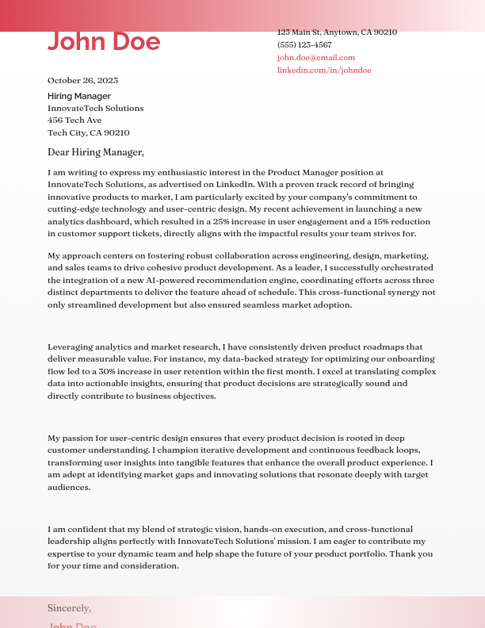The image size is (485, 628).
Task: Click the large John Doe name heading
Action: (104, 41)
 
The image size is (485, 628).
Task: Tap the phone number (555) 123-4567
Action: (304, 45)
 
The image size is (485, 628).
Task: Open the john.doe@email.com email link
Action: (315, 58)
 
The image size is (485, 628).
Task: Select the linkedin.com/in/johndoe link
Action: (323, 71)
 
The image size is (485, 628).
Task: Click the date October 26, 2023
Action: (82, 81)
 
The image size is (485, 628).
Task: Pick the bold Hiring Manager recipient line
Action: (79, 96)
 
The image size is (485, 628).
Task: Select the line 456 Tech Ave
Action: (74, 121)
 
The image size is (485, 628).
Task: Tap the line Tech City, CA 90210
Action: (88, 133)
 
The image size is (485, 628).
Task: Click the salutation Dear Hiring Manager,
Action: (95, 152)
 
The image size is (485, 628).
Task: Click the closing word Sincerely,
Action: (69, 608)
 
